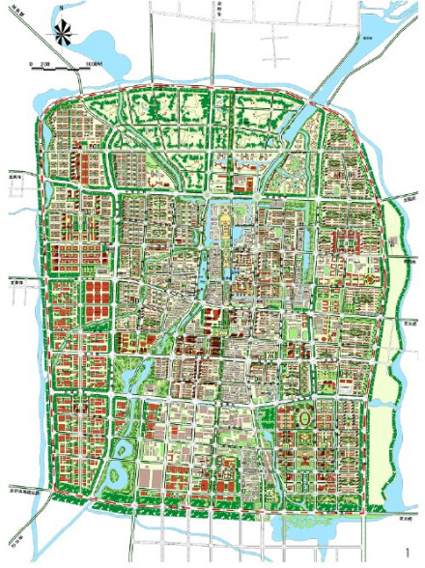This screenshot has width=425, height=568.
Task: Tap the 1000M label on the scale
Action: pos(94,63)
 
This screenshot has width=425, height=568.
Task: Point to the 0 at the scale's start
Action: pos(32,63)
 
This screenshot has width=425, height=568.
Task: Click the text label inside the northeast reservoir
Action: pos(367,29)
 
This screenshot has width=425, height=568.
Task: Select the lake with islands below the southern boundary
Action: pos(307,526)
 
